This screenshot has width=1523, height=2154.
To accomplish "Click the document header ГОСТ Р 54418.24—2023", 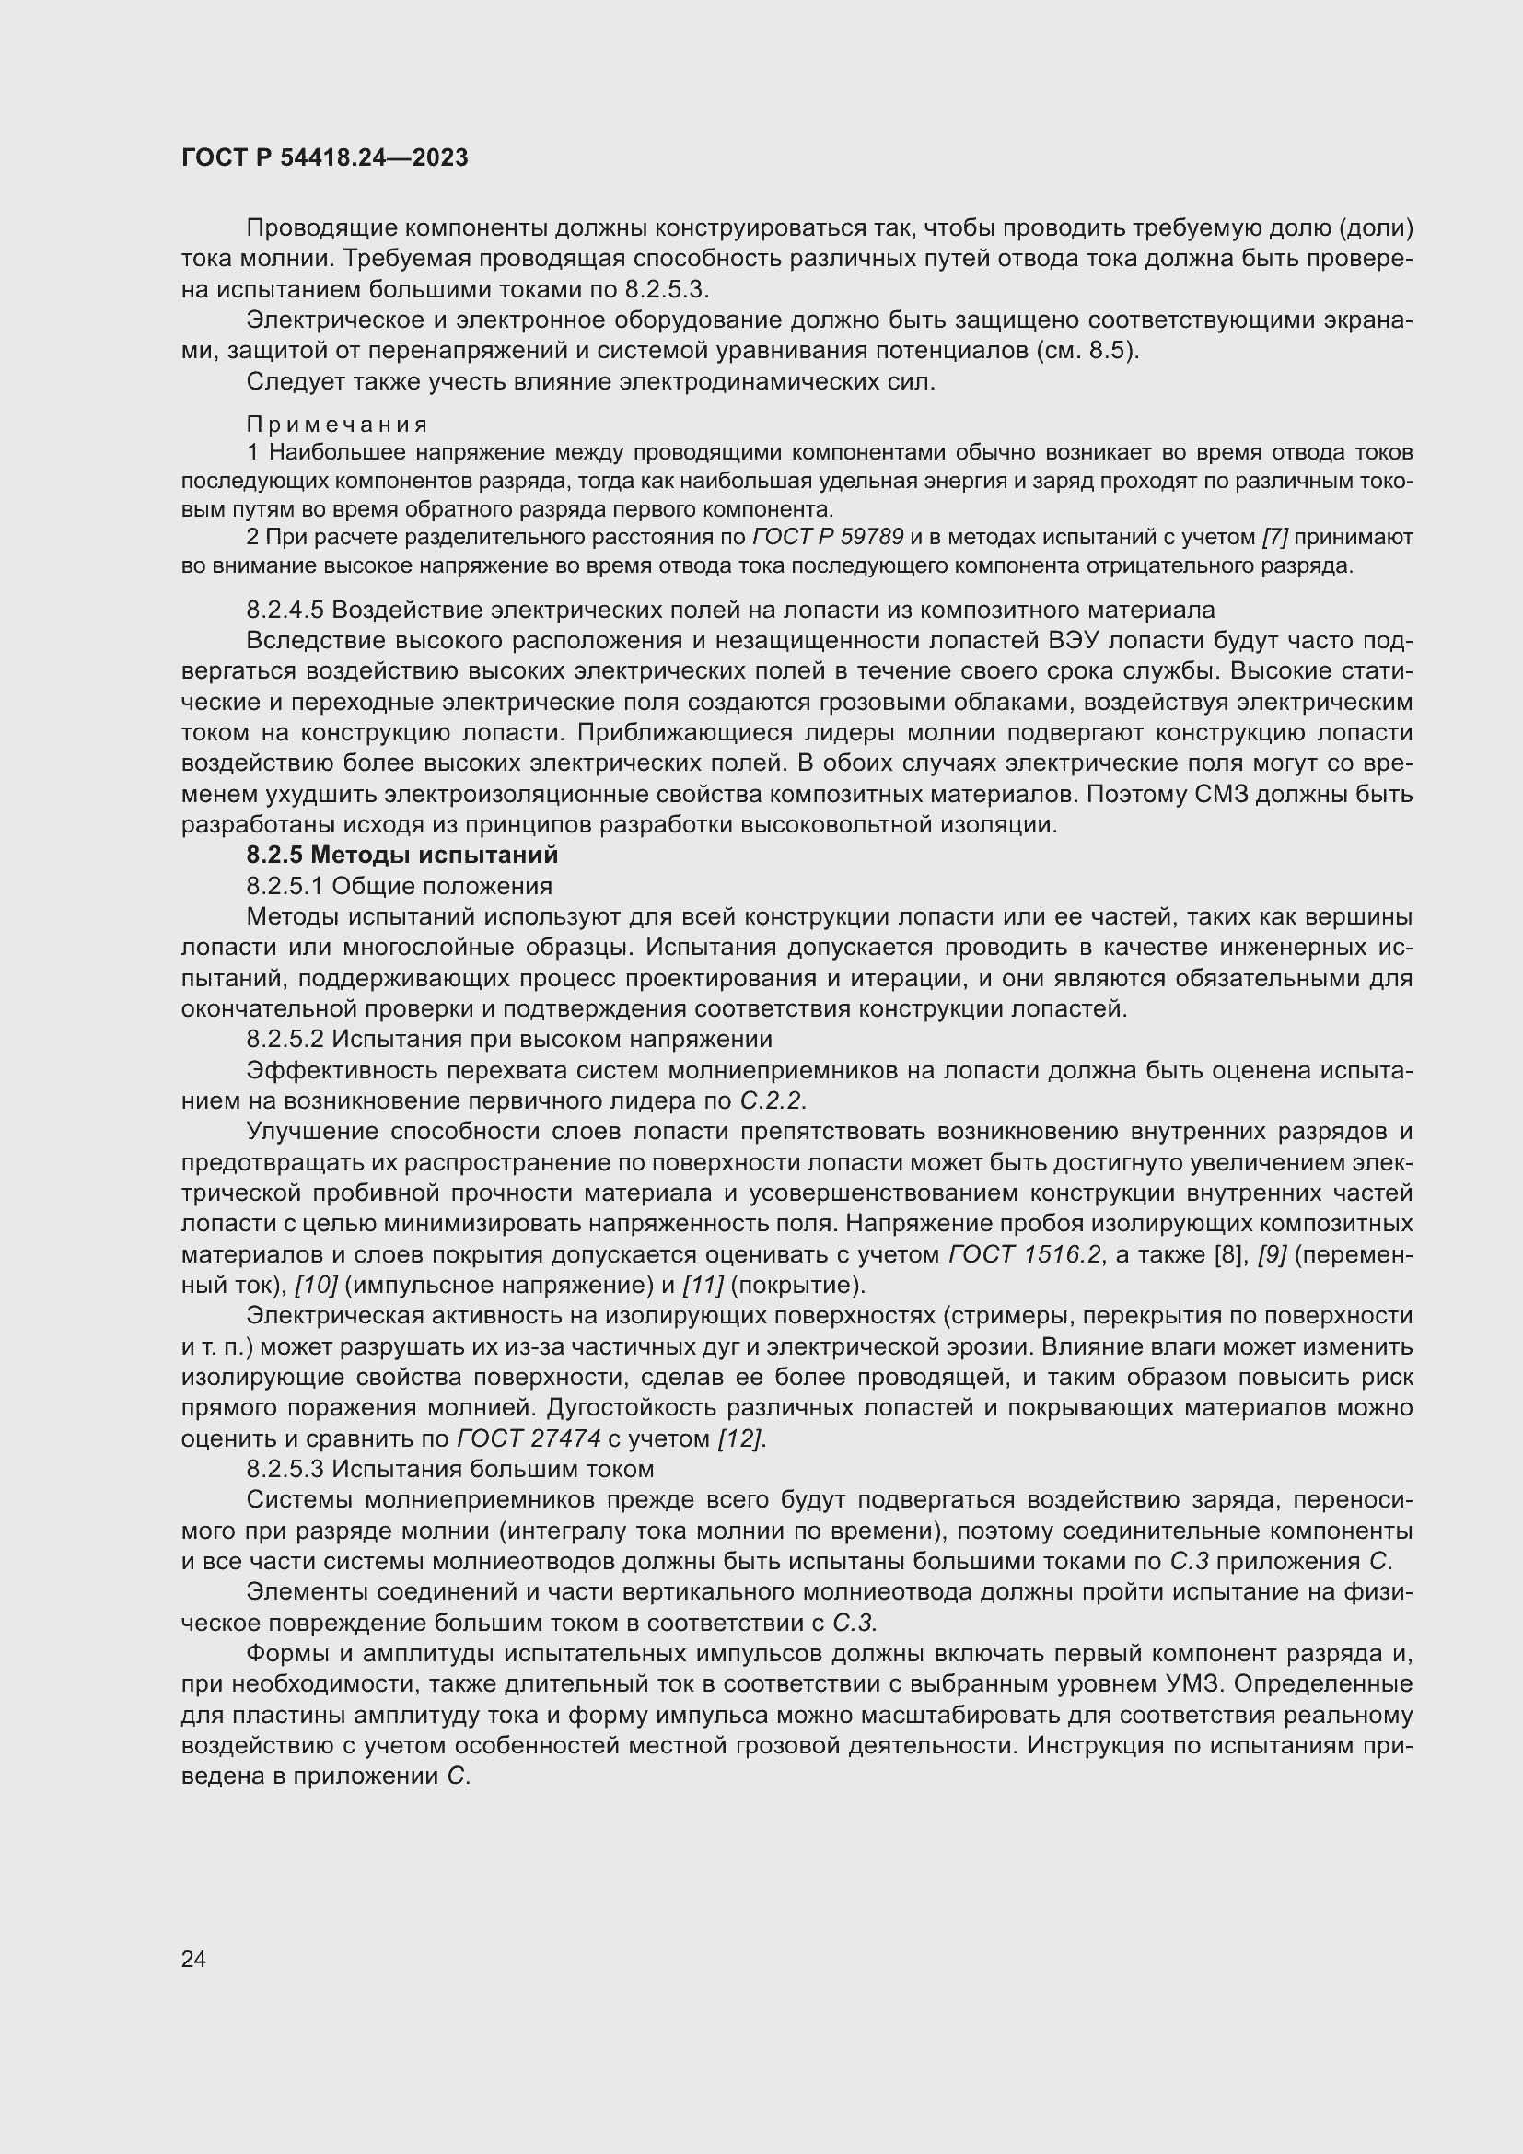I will [324, 158].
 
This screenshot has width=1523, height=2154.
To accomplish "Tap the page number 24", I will [193, 1959].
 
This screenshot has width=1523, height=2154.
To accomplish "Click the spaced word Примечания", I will [338, 425].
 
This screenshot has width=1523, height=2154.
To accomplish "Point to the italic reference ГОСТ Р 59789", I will [827, 538].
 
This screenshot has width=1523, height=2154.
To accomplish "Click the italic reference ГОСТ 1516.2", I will [1024, 1255].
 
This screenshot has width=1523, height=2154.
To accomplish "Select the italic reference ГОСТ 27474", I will [529, 1439].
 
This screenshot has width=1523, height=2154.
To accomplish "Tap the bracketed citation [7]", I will [1274, 538].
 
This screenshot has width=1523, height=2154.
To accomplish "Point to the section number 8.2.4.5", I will [285, 610].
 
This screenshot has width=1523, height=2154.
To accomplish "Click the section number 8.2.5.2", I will [285, 1040].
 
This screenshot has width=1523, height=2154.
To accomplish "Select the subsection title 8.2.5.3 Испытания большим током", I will [450, 1469].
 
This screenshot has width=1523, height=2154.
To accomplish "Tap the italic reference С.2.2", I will [772, 1101].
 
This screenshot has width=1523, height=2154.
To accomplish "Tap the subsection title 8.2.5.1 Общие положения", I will [399, 886].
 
